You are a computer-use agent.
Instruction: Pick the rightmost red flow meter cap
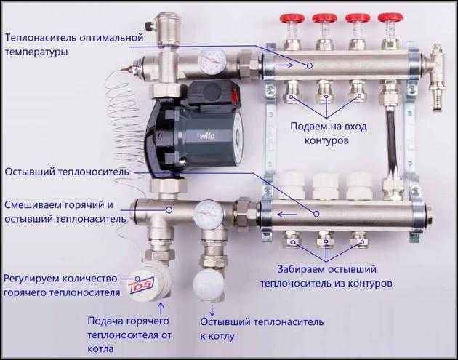[x=390, y=17]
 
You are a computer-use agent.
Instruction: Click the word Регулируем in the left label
[x=31, y=279]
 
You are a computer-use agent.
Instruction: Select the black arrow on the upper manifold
[x=289, y=65]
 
